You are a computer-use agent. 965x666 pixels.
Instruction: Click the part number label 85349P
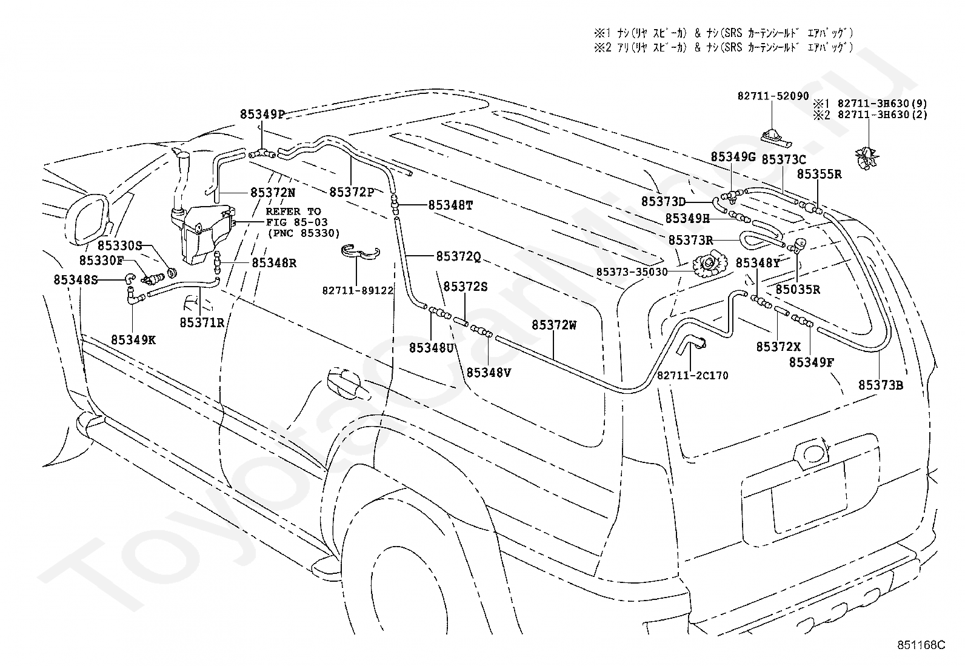pos(262,114)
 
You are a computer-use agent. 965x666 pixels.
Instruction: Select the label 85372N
pos(273,193)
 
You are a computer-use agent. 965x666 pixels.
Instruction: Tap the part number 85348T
pos(450,205)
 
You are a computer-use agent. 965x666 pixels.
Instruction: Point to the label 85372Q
pos(458,257)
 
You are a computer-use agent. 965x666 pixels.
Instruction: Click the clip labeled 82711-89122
pos(360,253)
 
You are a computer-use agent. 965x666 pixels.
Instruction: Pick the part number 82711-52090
pos(773,96)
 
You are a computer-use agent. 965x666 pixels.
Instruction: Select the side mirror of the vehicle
pos(90,220)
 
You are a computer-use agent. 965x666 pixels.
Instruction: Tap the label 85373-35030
pos(632,272)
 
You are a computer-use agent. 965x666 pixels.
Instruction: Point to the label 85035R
pos(798,290)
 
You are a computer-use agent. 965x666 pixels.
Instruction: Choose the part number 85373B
pos(881,385)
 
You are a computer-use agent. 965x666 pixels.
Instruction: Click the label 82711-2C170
pos(692,376)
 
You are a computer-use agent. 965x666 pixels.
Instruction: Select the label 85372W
pos(554,325)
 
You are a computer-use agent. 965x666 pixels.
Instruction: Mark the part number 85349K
pos(133,340)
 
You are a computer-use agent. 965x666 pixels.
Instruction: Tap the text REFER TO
pos(293,211)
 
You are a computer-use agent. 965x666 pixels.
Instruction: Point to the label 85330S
pos(120,245)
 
